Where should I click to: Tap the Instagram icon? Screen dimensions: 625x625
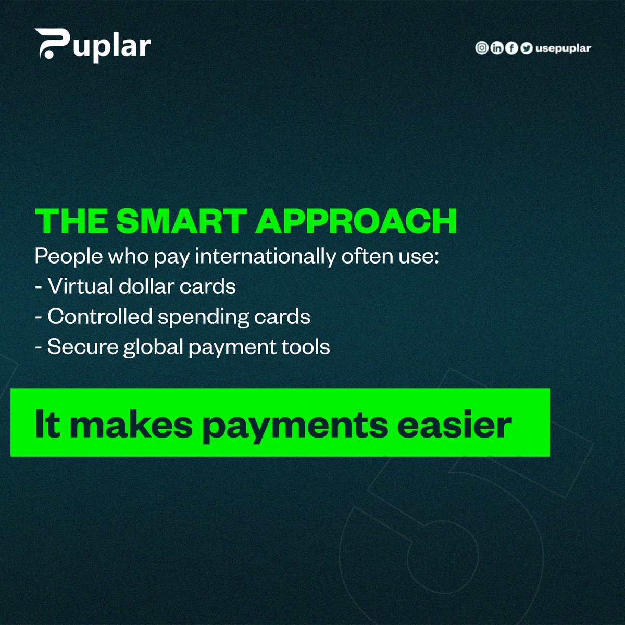pos(482,48)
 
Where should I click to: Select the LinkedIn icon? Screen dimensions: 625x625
pos(497,48)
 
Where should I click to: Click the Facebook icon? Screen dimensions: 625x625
pos(512,48)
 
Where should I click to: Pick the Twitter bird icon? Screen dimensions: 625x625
pos(527,48)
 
